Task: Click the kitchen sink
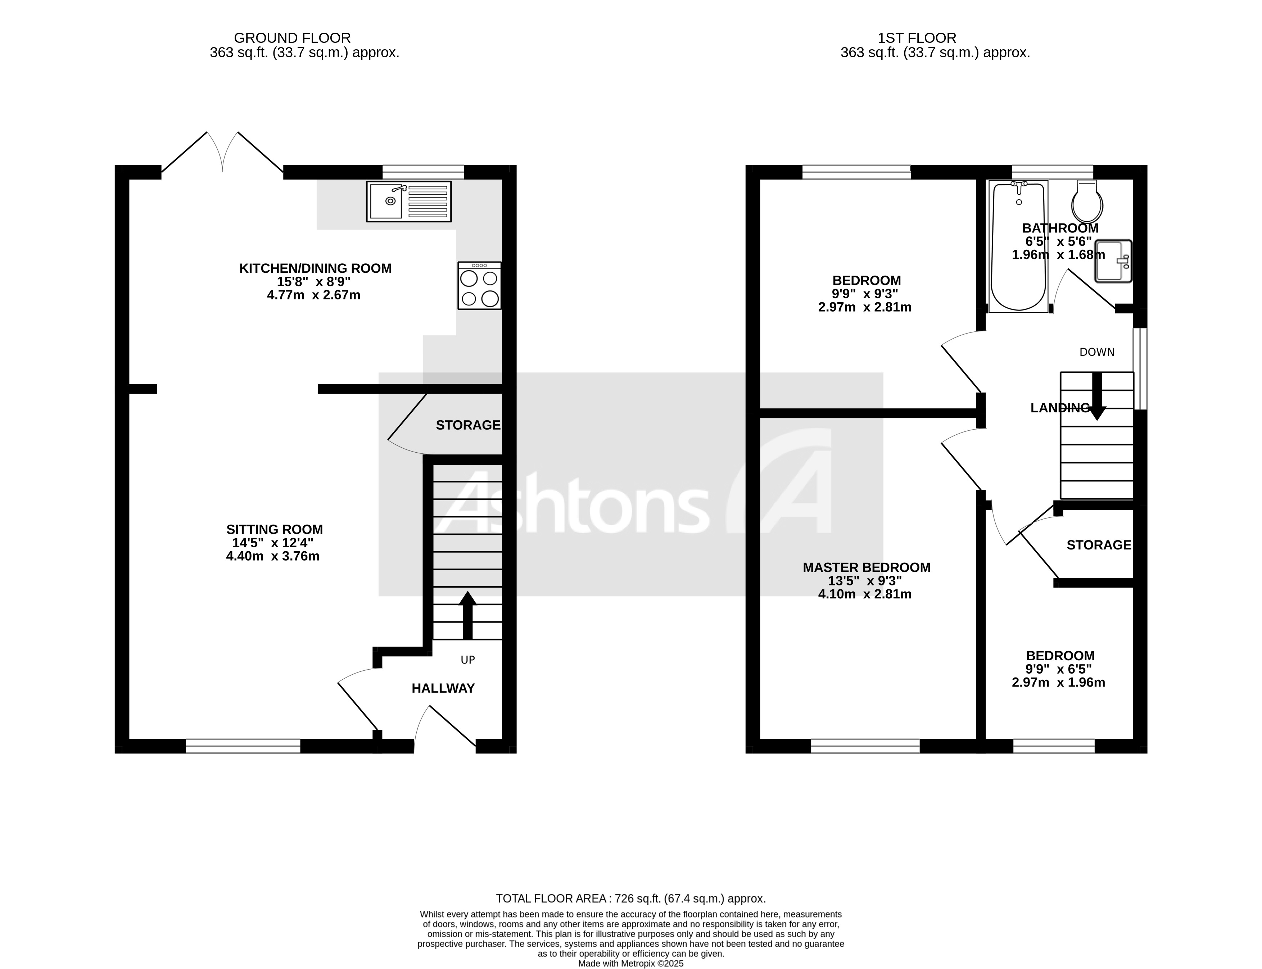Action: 408,201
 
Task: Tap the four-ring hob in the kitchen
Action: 479,286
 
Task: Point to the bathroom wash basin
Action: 1113,261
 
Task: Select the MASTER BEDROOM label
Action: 866,567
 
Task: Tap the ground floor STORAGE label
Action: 468,425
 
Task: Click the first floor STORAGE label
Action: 1098,545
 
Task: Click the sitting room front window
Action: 243,746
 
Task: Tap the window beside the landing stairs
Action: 1140,369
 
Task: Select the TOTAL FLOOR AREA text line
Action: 630,898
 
